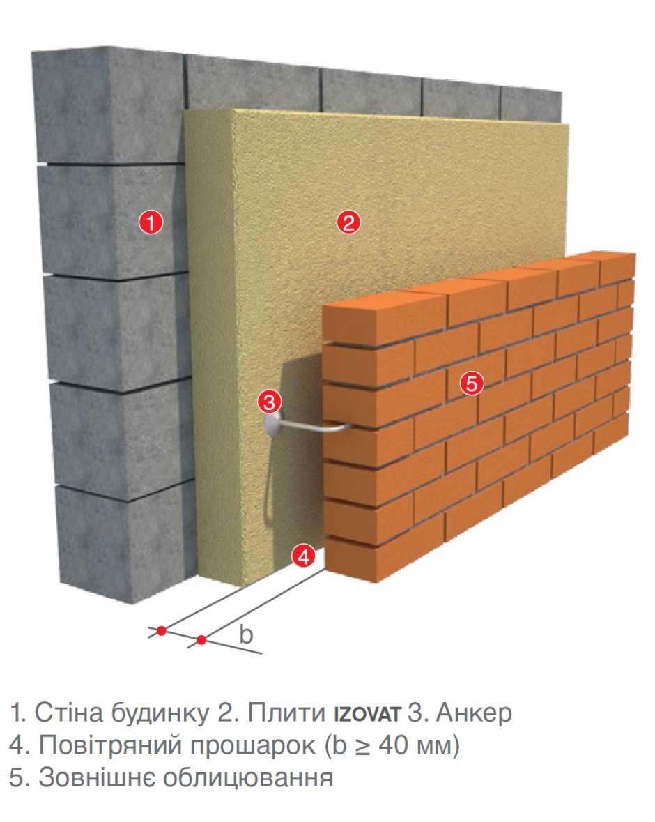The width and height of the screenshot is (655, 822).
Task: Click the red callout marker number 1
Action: [151, 222]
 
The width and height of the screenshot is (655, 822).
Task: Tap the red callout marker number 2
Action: [348, 222]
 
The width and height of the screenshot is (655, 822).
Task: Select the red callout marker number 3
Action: [270, 402]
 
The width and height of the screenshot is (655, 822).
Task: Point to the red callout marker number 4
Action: [304, 556]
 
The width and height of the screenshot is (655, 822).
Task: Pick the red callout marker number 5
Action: [472, 383]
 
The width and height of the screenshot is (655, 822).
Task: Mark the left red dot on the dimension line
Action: [162, 631]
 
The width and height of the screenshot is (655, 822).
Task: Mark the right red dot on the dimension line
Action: [202, 639]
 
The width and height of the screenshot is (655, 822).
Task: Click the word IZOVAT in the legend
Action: [368, 714]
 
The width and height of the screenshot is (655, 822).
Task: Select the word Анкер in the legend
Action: [475, 713]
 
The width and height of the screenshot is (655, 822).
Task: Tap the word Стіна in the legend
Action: [70, 713]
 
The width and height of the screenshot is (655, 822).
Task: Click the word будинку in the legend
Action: [160, 713]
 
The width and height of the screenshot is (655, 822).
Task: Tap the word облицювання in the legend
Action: [248, 779]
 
